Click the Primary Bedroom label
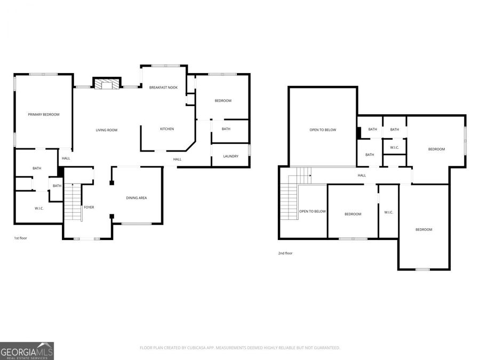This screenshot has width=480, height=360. coord(44,115)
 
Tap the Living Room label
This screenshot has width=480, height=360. coord(107,130)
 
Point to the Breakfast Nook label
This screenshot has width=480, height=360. coord(163,87)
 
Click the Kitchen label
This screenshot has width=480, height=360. coord(167,129)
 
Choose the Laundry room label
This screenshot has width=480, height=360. coord(230,156)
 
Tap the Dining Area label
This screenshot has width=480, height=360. coord(137,198)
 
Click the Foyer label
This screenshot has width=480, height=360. coord(89,207)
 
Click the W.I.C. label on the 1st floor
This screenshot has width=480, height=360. coord(39,208)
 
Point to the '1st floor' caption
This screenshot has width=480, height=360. coord(20,238)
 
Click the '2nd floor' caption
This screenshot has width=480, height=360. coord(285,253)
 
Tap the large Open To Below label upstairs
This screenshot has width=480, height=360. coord(323,130)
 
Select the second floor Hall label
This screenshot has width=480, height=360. coord(362,175)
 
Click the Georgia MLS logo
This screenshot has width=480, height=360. coord(27,351)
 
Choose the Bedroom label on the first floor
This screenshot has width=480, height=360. coord(223,101)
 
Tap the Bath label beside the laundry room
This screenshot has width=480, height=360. coord(226,129)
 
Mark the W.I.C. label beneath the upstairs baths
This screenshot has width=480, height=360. coord(395,148)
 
